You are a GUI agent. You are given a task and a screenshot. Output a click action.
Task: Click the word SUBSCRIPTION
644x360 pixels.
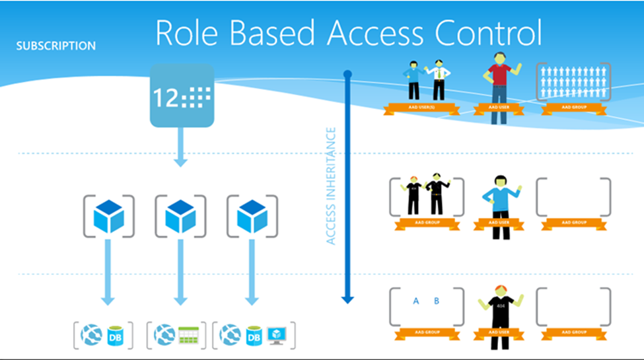click(56, 46)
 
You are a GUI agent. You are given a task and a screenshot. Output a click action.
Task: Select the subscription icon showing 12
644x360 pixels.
click(182, 95)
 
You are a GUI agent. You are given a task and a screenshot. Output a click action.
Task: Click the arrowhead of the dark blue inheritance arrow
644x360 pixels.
click(347, 299)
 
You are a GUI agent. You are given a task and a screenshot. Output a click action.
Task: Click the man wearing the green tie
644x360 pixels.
click(437, 80)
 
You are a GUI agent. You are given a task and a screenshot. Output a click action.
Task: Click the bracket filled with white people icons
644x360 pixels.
click(573, 82)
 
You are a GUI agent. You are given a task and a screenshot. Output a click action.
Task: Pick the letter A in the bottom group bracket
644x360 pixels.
click(416, 301)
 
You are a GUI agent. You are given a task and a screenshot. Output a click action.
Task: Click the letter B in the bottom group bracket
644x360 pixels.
click(437, 301)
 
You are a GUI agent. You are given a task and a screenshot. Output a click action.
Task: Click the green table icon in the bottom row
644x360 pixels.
click(190, 336)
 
